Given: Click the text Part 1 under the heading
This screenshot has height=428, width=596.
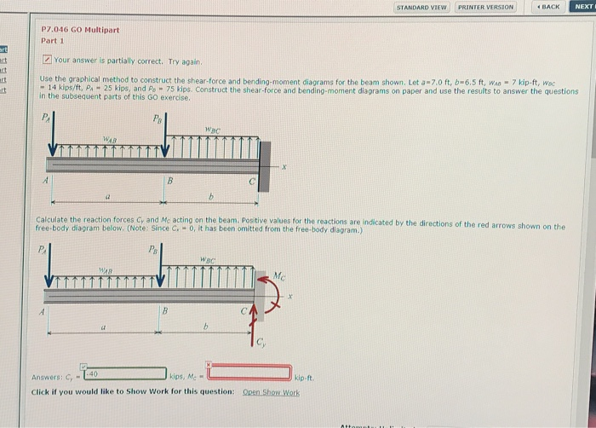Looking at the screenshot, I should [53, 41].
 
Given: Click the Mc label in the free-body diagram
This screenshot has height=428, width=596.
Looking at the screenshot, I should [280, 275].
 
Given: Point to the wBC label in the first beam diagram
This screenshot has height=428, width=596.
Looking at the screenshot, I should [214, 130].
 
